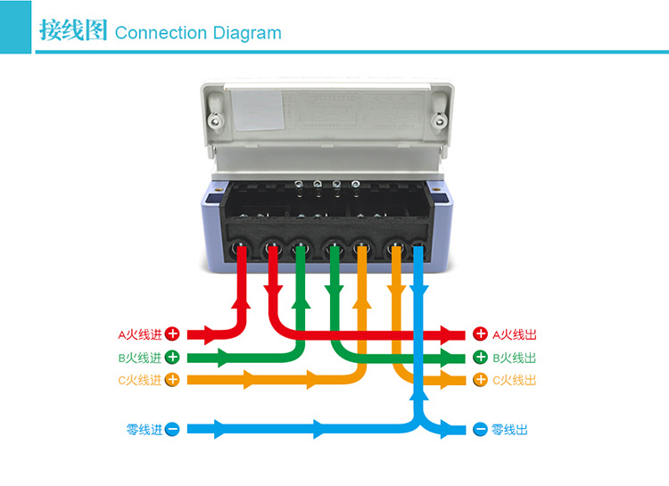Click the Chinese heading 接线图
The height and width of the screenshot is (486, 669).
point(73,31)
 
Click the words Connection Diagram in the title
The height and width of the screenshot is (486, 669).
point(198,33)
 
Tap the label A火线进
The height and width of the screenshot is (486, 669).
point(140,335)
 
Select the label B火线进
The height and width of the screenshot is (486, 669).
point(140,358)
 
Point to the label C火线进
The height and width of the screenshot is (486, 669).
point(140,380)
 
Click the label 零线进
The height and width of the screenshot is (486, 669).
point(145,430)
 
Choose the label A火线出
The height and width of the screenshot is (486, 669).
point(515,335)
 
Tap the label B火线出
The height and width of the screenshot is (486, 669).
point(515,358)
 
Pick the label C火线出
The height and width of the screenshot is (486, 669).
point(515,380)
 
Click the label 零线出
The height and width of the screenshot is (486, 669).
point(510,430)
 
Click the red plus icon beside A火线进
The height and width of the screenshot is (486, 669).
point(173,335)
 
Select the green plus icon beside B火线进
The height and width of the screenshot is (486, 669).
point(173,358)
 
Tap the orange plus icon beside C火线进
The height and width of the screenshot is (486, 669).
point(173,380)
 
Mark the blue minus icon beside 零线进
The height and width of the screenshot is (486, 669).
point(173,430)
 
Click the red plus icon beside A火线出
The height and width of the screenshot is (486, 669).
point(480,335)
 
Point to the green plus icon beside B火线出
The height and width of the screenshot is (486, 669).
point(480,358)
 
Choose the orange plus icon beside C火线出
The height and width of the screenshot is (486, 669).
point(480,380)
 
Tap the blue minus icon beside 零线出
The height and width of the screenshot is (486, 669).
point(480,430)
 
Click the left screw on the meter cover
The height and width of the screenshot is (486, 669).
point(215,119)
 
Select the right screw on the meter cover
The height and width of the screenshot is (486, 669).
point(439,119)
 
